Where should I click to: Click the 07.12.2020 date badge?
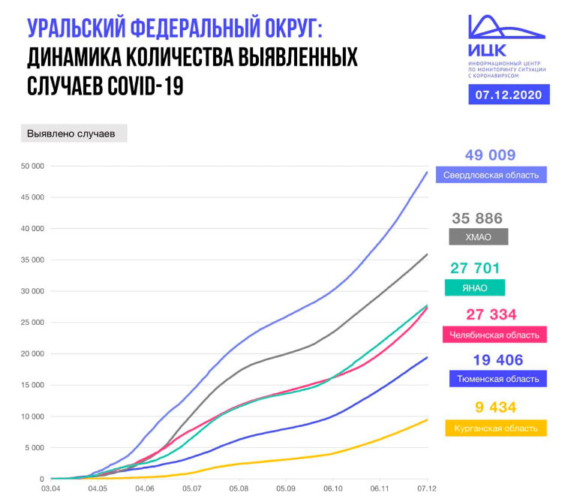(x=507, y=95)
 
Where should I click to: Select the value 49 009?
(x=490, y=155)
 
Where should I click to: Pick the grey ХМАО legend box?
(x=477, y=236)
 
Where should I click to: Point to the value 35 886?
(x=476, y=218)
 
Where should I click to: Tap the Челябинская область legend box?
(x=494, y=335)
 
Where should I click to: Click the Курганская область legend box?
(x=494, y=428)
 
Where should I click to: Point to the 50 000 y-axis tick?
(x=32, y=166)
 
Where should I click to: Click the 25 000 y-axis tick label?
(x=32, y=323)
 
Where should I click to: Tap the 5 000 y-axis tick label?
(x=34, y=448)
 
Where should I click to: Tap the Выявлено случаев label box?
(x=73, y=134)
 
